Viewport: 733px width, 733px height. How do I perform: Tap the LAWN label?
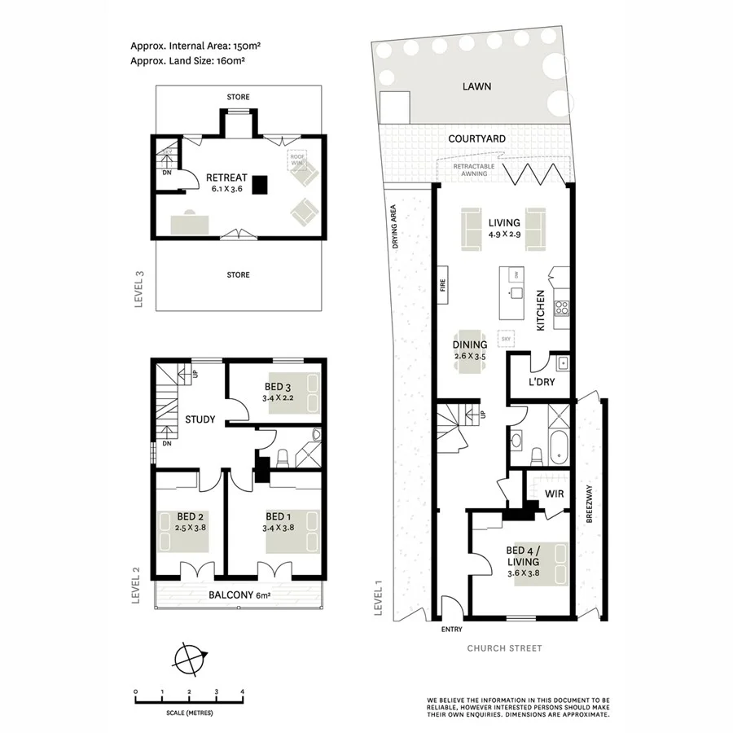pos(476,86)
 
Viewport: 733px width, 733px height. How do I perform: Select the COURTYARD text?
pos(476,139)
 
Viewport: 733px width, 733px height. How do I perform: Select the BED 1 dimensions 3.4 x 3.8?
pos(278,527)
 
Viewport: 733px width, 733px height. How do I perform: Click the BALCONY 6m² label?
pos(239,595)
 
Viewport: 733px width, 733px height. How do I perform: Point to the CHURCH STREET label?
pos(503,648)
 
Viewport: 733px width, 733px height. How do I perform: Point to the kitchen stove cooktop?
pos(561,308)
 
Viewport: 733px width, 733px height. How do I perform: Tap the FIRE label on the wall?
pos(444,286)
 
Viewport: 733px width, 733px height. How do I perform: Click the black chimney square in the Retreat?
pos(259,185)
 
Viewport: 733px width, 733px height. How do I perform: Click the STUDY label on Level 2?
pos(200,420)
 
